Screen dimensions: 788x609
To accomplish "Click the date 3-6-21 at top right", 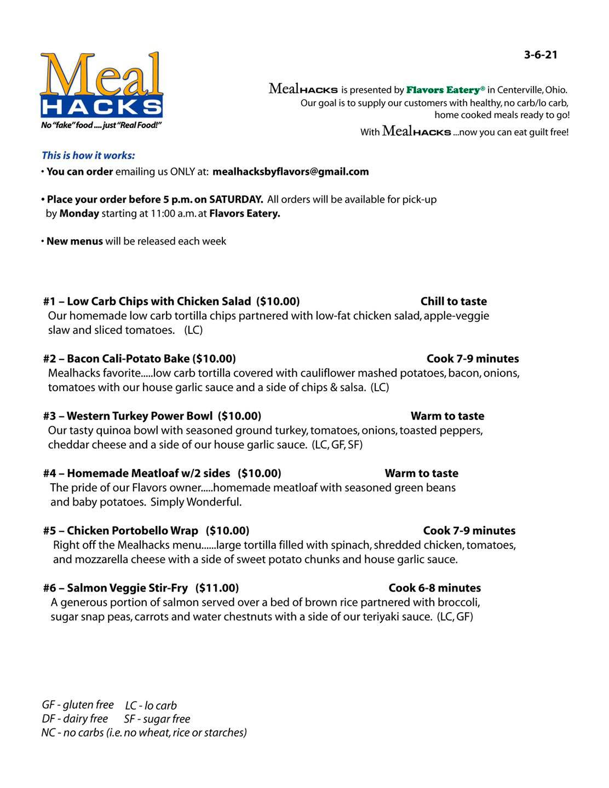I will pyautogui.click(x=540, y=55).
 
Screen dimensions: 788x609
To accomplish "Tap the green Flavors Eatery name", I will pyautogui.click(x=445, y=90).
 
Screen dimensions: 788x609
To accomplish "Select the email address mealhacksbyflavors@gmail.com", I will pyautogui.click(x=290, y=172).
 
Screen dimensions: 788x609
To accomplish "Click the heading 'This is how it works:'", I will pyautogui.click(x=88, y=155).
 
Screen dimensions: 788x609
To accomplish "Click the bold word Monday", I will pyautogui.click(x=79, y=213).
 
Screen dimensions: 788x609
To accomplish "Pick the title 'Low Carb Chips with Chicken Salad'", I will pyautogui.click(x=159, y=302).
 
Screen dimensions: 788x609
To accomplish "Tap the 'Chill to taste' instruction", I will pyautogui.click(x=453, y=302).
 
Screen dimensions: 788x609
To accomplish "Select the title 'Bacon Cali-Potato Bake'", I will pyautogui.click(x=128, y=359).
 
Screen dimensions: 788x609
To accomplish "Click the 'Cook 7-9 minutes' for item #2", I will pyautogui.click(x=473, y=359).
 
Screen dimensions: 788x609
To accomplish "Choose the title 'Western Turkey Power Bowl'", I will pyautogui.click(x=140, y=416).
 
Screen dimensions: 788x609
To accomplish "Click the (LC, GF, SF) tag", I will pyautogui.click(x=337, y=445).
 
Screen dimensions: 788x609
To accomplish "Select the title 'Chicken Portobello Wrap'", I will pyautogui.click(x=133, y=531).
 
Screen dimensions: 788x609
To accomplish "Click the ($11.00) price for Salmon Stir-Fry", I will pyautogui.click(x=217, y=588).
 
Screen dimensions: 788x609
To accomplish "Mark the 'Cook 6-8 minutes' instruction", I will pyautogui.click(x=434, y=588).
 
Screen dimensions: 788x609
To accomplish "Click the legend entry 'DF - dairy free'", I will pyautogui.click(x=75, y=719).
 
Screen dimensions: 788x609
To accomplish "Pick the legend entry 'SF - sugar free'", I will pyautogui.click(x=157, y=719).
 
